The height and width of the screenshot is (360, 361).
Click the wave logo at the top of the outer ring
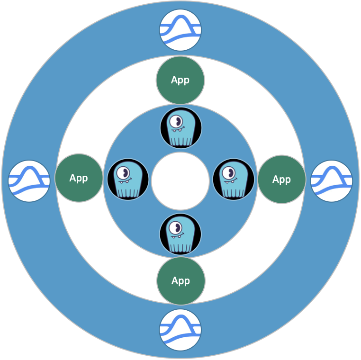pyautogui.click(x=180, y=30)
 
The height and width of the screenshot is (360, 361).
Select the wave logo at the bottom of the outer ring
pyautogui.click(x=180, y=330)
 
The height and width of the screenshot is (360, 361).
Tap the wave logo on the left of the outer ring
pyautogui.click(x=29, y=181)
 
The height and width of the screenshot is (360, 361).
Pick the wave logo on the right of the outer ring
pyautogui.click(x=332, y=181)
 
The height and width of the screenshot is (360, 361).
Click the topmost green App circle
pyautogui.click(x=180, y=80)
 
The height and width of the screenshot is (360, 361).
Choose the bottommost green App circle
pyautogui.click(x=181, y=281)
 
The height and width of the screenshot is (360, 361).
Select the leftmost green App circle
pyautogui.click(x=79, y=178)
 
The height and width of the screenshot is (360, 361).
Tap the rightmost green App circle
pyautogui.click(x=281, y=180)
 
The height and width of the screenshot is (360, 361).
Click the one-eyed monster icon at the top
pyautogui.click(x=180, y=128)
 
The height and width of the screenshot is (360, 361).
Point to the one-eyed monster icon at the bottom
pyautogui.click(x=180, y=234)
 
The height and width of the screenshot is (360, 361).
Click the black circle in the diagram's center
pyautogui.click(x=180, y=181)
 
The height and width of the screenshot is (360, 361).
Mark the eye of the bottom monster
pyautogui.click(x=177, y=226)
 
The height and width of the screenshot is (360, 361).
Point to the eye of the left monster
pyautogui.click(x=124, y=171)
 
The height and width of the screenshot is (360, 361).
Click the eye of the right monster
pyautogui.click(x=230, y=171)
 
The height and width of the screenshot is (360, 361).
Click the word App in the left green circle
pyautogui.click(x=79, y=178)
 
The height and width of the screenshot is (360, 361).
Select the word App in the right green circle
pyautogui.click(x=281, y=180)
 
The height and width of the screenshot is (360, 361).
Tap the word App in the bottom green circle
pyautogui.click(x=180, y=281)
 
